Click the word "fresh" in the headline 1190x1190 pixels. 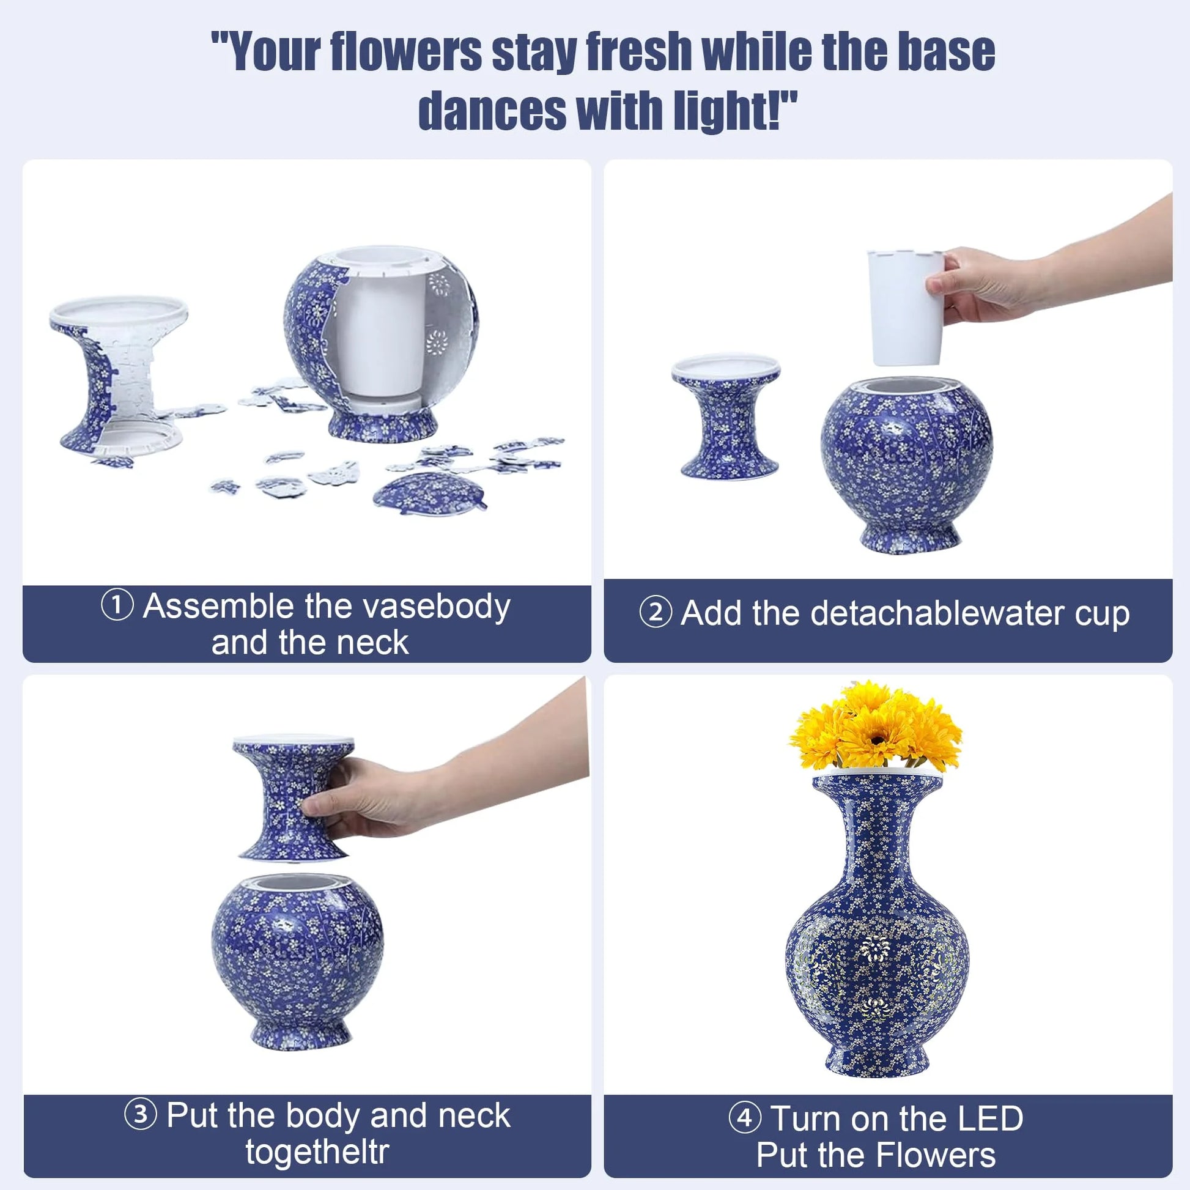(639, 52)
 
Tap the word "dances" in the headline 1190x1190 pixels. (492, 111)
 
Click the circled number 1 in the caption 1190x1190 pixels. (117, 605)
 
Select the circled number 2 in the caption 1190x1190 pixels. (656, 613)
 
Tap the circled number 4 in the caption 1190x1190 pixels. (745, 1117)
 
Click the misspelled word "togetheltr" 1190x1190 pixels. (317, 1151)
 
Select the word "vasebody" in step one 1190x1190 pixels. (449, 607)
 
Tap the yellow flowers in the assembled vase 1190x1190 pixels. (874, 727)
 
